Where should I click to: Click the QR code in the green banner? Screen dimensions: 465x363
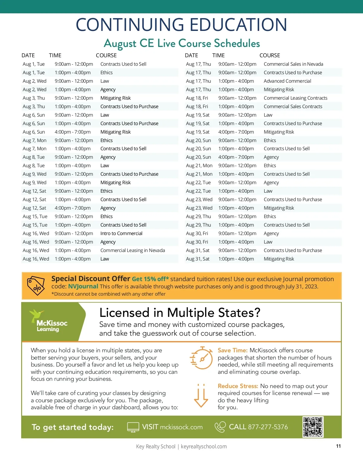[313, 427]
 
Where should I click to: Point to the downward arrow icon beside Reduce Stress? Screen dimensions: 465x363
[201, 396]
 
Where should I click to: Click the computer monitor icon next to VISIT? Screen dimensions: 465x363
[133, 427]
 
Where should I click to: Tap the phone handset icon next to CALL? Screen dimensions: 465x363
[220, 427]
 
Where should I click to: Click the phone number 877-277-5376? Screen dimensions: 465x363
[268, 427]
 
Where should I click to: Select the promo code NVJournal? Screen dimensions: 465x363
[83, 286]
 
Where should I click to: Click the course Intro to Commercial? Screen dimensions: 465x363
[121, 233]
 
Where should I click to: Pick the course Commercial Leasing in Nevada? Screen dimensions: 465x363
[132, 250]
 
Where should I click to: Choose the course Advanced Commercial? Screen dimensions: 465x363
[287, 81]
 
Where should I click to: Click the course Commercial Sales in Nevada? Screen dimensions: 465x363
[293, 64]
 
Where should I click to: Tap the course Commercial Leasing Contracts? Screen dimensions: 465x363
[296, 98]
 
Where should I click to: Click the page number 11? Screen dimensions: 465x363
[338, 446]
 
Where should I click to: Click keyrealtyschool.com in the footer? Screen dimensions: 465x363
[204, 447]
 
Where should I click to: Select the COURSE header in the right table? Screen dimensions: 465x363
[270, 55]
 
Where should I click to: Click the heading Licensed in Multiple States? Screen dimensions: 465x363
[180, 313]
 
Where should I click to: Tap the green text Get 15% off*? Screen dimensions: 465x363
[150, 279]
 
